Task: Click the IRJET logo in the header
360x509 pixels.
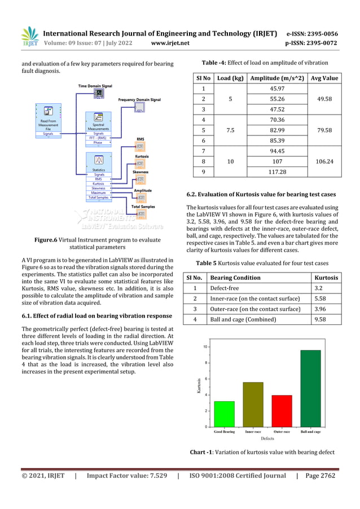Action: (x=29, y=37)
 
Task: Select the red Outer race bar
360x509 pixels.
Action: (x=282, y=411)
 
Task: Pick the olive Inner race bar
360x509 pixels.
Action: (x=253, y=404)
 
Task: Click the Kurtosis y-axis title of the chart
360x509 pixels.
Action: (x=199, y=385)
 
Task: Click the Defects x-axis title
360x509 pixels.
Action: (x=267, y=438)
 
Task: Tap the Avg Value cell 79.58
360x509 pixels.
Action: (x=324, y=130)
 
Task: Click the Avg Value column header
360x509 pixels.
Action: (x=324, y=78)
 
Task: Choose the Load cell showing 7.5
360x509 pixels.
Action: (x=230, y=130)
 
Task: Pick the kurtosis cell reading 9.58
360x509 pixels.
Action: (x=327, y=319)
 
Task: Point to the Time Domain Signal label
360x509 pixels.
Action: (x=95, y=86)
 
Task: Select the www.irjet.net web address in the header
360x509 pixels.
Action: (x=170, y=42)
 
